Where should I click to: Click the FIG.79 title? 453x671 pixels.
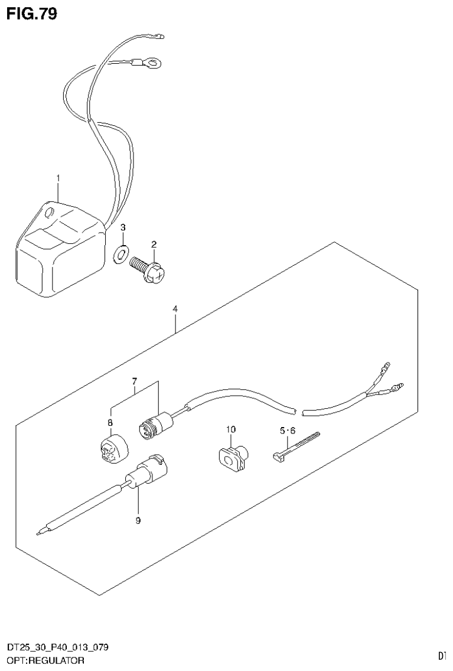32,13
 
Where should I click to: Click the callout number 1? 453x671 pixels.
58,177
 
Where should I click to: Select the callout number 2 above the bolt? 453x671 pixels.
154,244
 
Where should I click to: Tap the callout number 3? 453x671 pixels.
123,227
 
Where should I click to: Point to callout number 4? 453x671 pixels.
175,309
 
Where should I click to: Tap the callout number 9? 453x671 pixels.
138,520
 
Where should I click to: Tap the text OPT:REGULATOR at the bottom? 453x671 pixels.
45,660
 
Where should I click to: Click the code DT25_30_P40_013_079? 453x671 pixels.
57,648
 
